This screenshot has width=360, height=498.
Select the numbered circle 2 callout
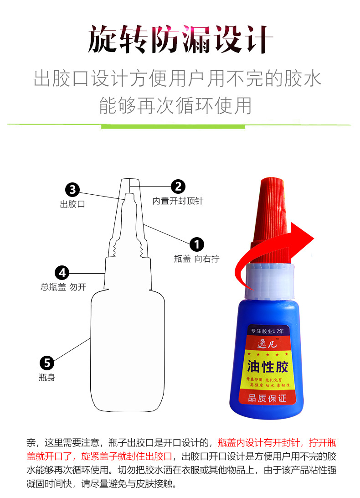(x=178, y=186)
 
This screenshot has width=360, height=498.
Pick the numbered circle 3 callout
(x=73, y=190)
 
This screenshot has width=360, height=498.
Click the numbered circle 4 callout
(x=62, y=273)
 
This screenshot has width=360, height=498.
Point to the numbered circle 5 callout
(x=47, y=363)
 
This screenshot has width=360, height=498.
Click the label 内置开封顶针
(x=178, y=201)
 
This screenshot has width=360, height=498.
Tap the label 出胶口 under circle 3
(x=72, y=204)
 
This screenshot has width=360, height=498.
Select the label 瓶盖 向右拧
(x=196, y=259)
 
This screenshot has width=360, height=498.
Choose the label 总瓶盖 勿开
(x=63, y=287)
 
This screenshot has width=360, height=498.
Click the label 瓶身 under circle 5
(x=47, y=378)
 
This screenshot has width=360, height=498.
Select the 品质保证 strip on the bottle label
(x=267, y=398)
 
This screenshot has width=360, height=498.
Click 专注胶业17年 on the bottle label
(x=267, y=331)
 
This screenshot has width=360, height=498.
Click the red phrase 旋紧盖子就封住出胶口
(x=127, y=456)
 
